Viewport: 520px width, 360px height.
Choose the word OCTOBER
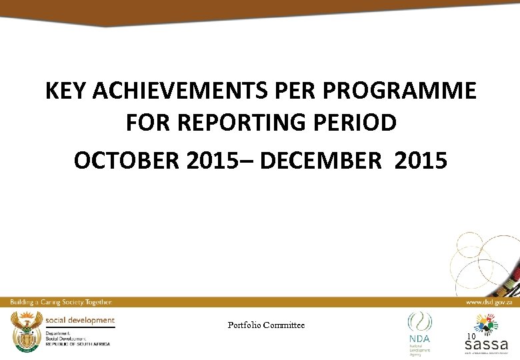(125, 161)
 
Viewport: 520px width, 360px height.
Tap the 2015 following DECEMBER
(421, 161)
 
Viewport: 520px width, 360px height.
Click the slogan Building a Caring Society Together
(61, 303)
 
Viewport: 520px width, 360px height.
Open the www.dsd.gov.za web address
(489, 303)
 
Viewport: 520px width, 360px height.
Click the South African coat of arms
(24, 331)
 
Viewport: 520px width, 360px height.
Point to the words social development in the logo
(80, 321)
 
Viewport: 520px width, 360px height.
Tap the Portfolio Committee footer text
(266, 325)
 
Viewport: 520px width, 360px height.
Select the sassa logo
(486, 338)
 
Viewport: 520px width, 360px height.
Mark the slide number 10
(471, 336)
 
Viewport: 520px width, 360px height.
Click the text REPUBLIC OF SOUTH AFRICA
(77, 344)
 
